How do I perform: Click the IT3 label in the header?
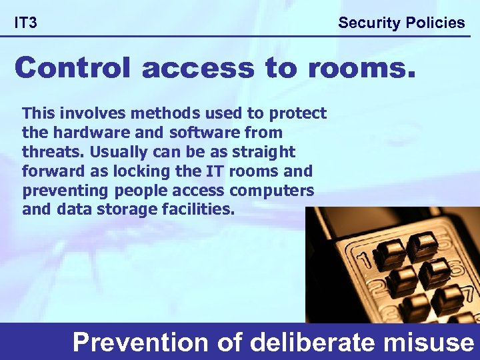tap(26, 23)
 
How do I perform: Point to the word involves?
tap(83, 113)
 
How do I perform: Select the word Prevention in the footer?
tap(141, 343)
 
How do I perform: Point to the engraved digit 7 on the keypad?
tap(469, 293)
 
